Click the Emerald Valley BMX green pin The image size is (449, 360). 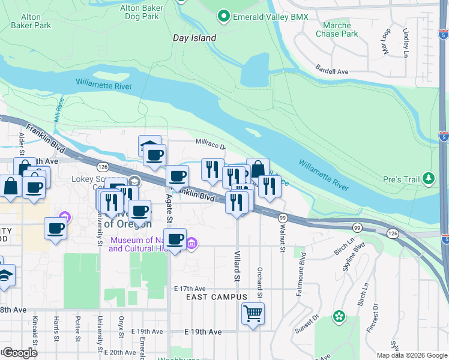224,16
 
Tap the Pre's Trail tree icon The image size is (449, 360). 428,178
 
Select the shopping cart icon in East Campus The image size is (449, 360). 253,313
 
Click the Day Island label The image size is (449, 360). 194,37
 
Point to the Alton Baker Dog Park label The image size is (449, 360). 139,12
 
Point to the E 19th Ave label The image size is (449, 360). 203,332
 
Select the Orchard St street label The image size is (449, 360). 259,281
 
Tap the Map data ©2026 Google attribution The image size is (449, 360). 412,355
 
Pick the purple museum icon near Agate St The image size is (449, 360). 191,243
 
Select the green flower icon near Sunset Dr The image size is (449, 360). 339,316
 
